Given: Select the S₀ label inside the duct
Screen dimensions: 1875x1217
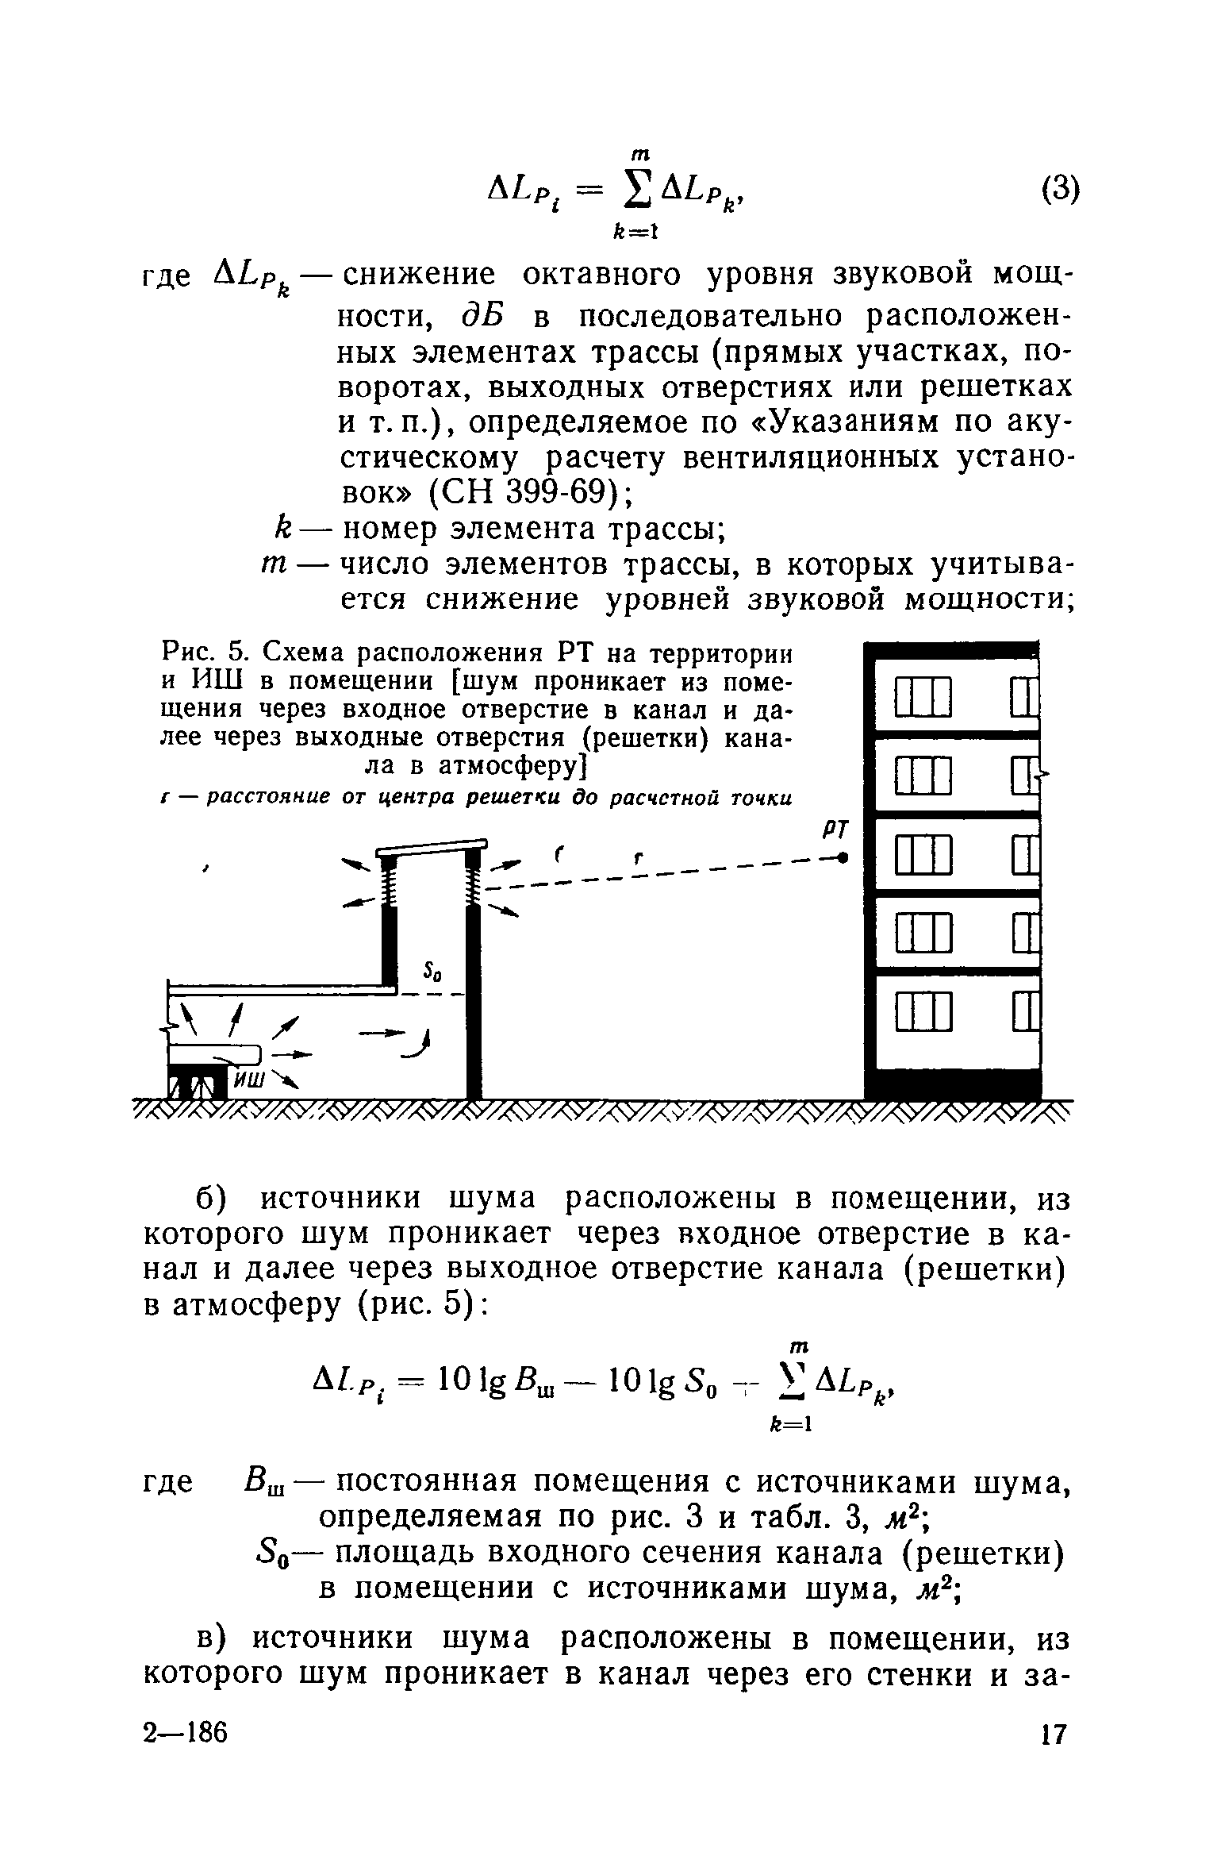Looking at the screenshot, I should point(433,970).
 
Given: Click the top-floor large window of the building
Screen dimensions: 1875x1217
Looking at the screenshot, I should point(923,697).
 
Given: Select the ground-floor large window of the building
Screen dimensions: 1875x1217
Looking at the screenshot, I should point(923,1013).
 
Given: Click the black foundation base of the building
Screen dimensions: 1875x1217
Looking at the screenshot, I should point(952,1084).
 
